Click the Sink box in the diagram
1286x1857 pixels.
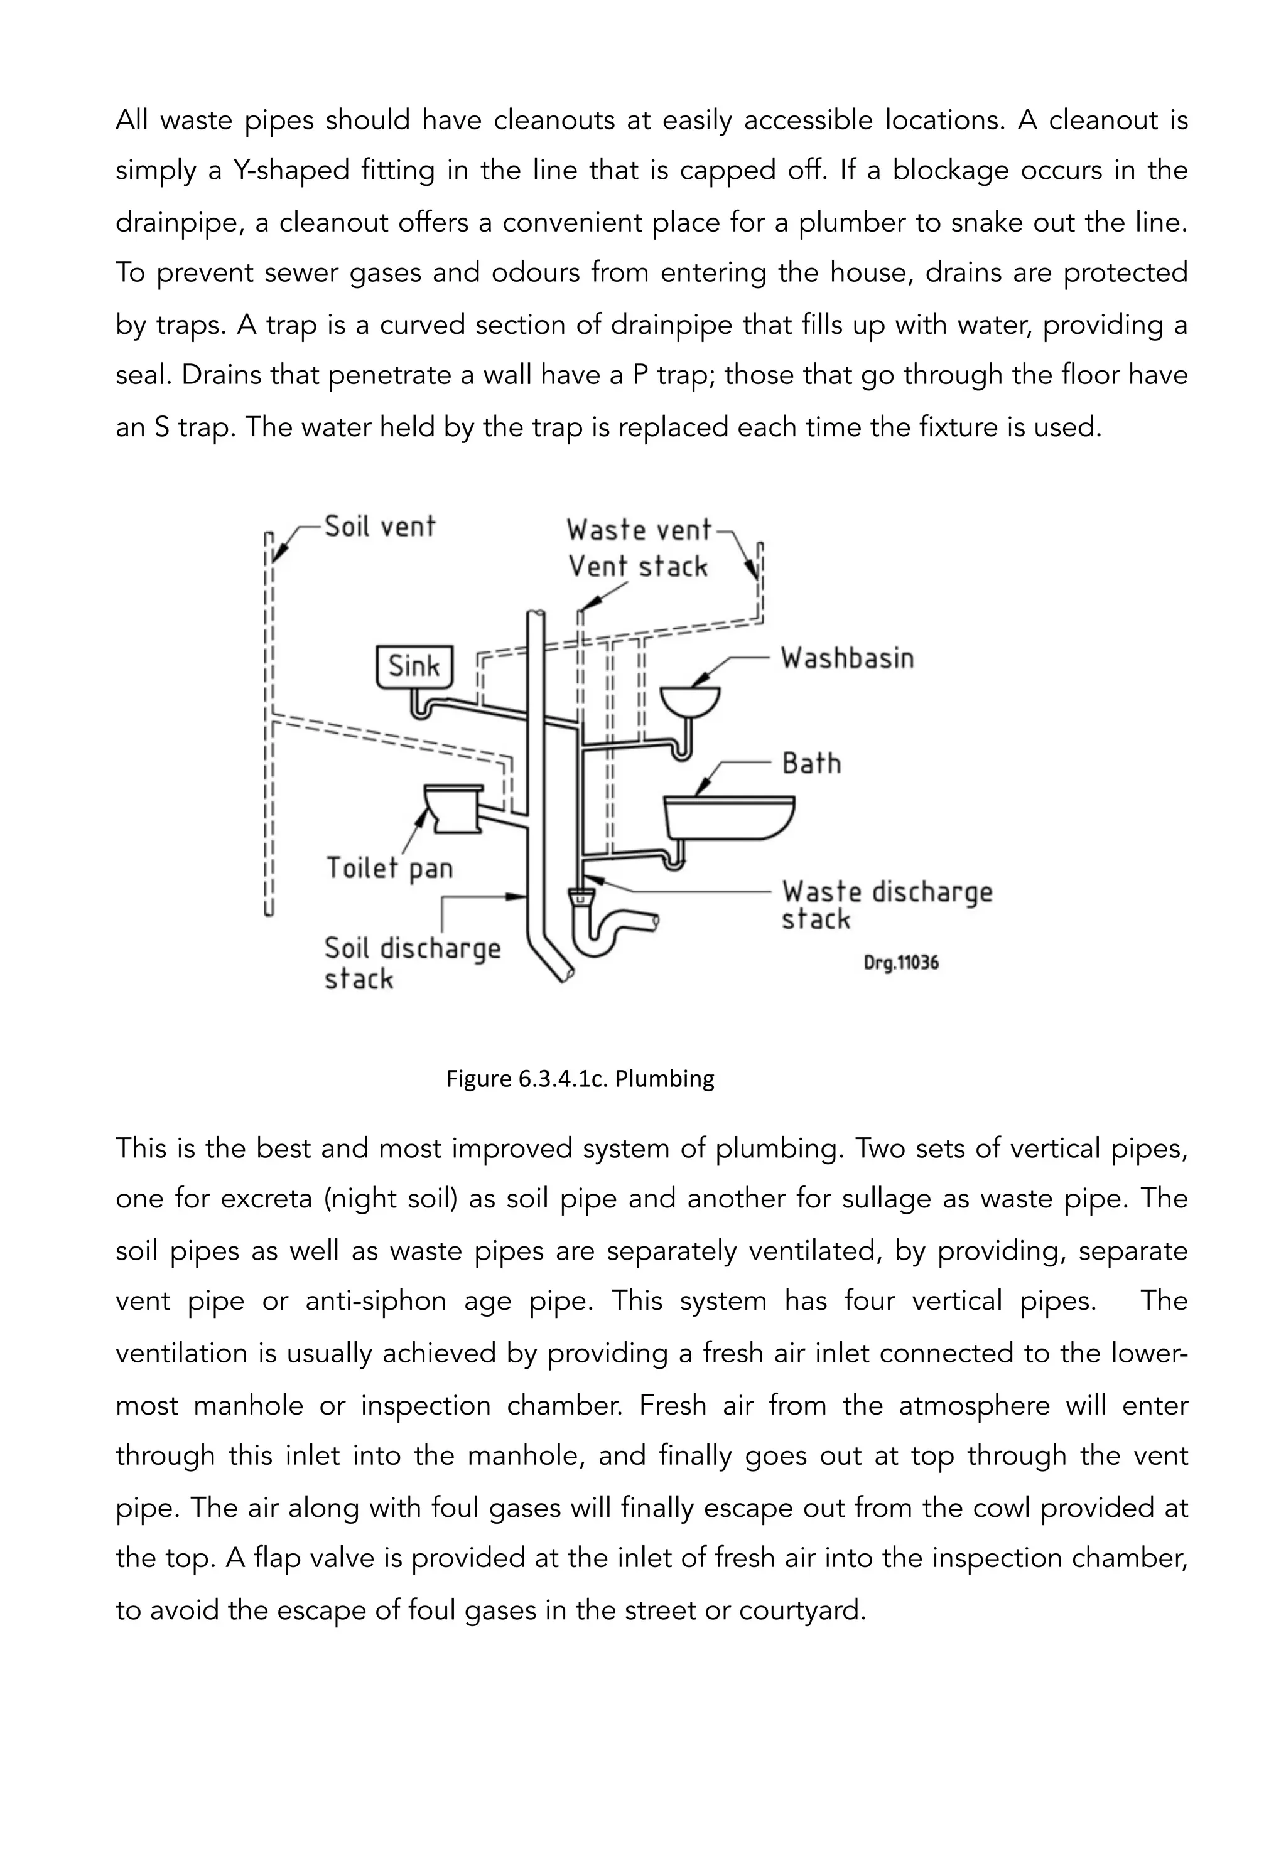point(414,666)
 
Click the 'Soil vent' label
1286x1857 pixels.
point(379,527)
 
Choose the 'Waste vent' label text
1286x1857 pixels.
point(639,530)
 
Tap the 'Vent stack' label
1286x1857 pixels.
point(637,566)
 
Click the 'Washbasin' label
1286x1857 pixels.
point(847,659)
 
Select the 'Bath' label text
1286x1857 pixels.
point(811,763)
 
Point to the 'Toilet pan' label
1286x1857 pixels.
point(389,868)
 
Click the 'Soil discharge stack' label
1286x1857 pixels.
point(412,963)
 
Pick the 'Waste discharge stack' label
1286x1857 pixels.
point(887,905)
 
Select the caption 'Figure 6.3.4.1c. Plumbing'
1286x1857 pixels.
point(580,1078)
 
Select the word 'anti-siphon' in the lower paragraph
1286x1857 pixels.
point(376,1300)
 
